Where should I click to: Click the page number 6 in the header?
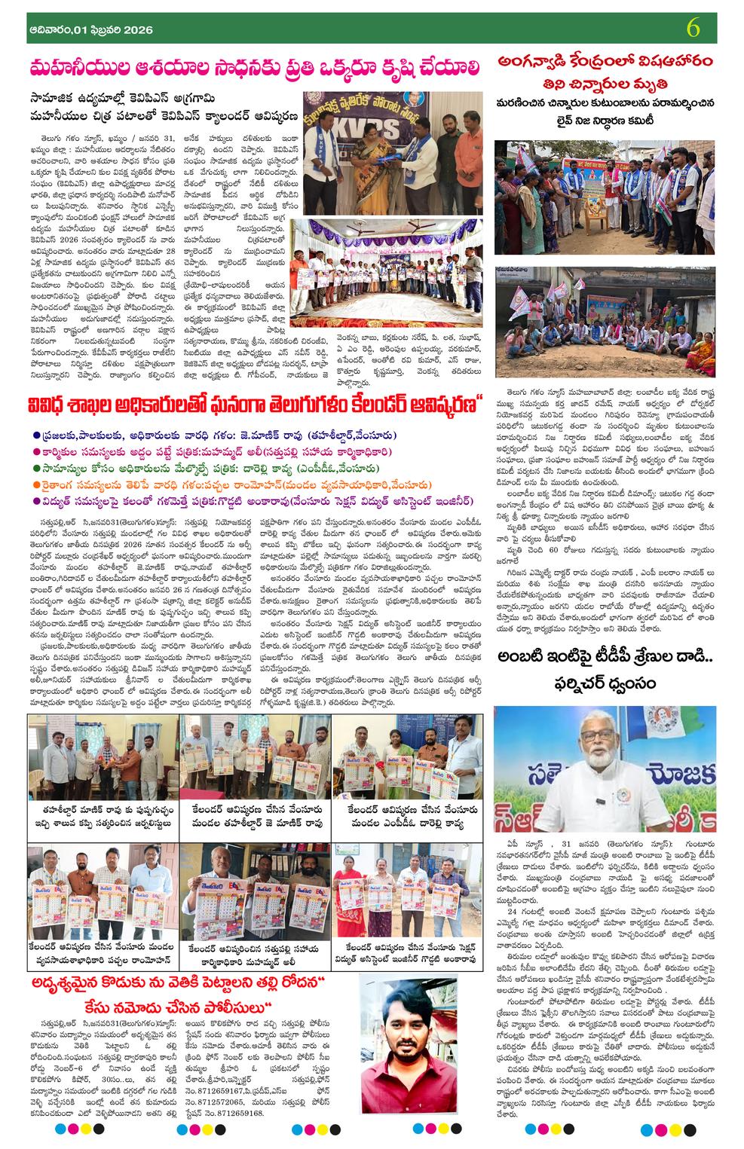click(x=694, y=29)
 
